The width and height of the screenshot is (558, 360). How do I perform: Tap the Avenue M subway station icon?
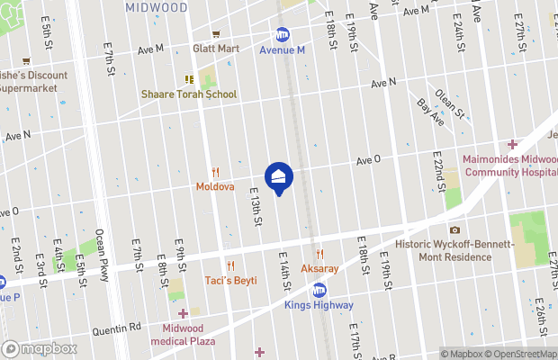(283, 34)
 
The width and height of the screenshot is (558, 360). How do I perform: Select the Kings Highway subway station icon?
(319, 290)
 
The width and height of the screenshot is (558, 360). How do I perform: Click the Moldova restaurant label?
(215, 187)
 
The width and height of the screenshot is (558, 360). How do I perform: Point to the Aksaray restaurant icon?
(319, 255)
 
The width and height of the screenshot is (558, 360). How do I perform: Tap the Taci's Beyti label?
(230, 281)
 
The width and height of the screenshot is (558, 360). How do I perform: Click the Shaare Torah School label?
(189, 94)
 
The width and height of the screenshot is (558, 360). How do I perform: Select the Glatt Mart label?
(215, 49)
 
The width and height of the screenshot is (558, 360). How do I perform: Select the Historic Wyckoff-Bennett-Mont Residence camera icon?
(454, 230)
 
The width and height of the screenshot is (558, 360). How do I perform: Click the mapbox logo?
(40, 349)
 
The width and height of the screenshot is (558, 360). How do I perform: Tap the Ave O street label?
(368, 159)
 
